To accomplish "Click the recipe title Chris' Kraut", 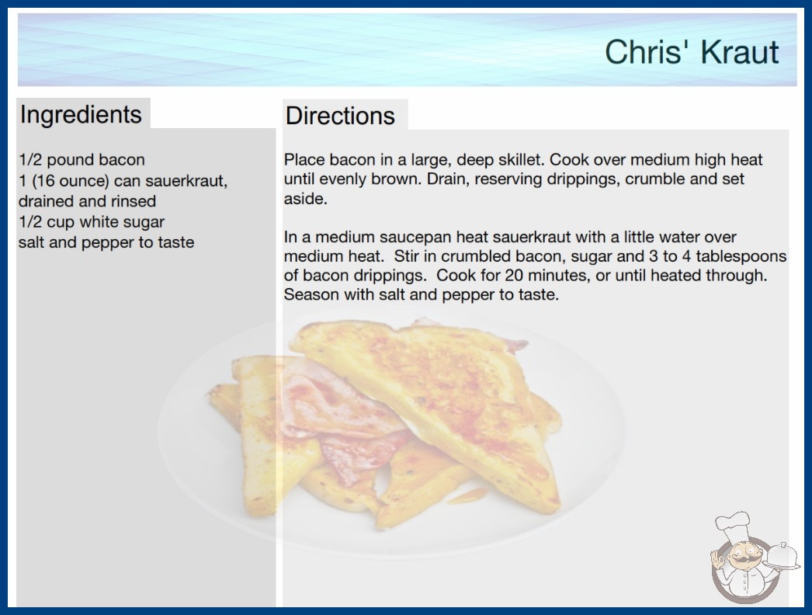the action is click(x=692, y=52).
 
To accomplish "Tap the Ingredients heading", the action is click(x=81, y=114).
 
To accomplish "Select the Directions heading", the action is click(x=340, y=116).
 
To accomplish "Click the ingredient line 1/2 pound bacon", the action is click(x=82, y=160).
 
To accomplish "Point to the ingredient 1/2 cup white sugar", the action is click(x=92, y=222).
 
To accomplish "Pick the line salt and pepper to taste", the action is click(x=106, y=242).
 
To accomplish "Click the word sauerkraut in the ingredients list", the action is click(x=186, y=181).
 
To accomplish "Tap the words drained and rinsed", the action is click(x=87, y=201).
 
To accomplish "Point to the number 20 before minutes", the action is click(x=514, y=275).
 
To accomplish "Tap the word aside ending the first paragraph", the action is click(x=306, y=199).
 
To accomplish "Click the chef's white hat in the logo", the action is click(x=733, y=526).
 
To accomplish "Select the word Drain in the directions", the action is click(x=446, y=179).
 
